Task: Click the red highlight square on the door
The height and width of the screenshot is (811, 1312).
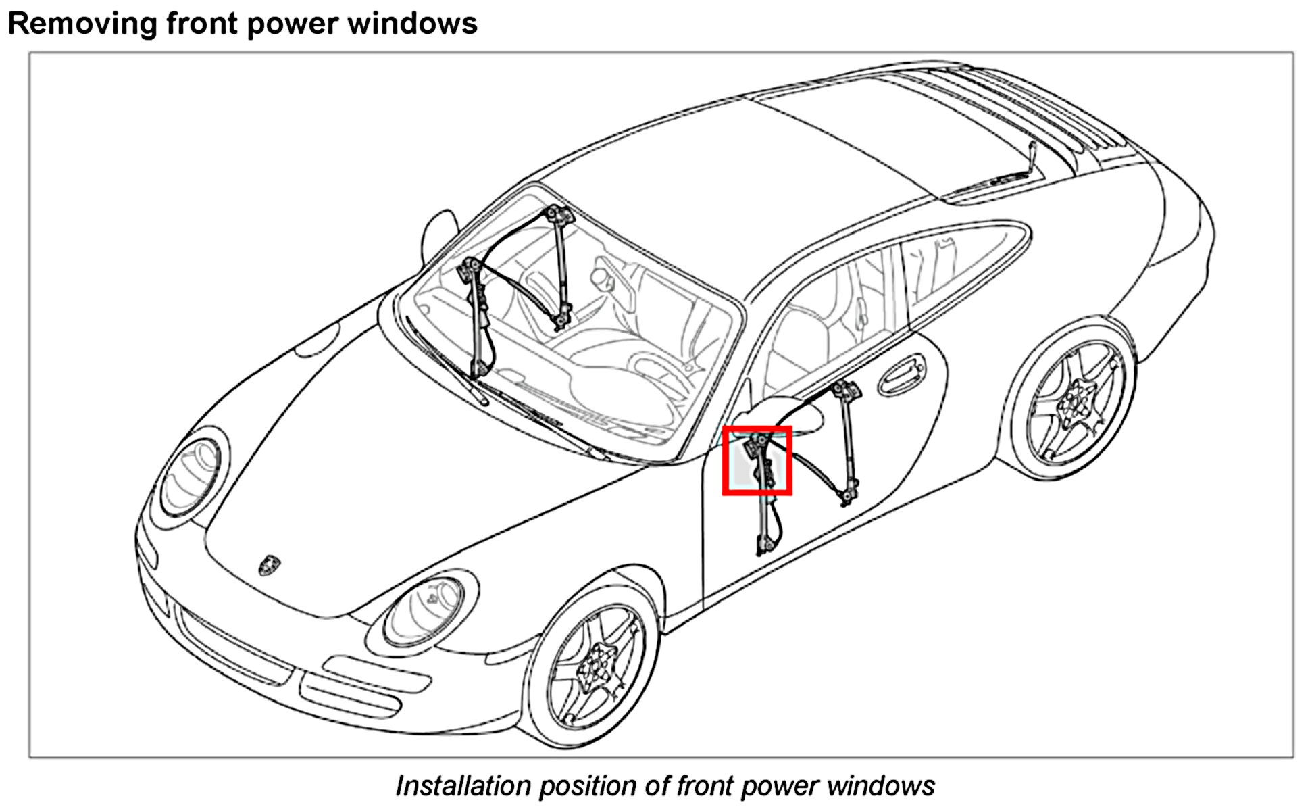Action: (x=757, y=461)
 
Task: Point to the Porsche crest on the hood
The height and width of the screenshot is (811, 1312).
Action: (x=269, y=564)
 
